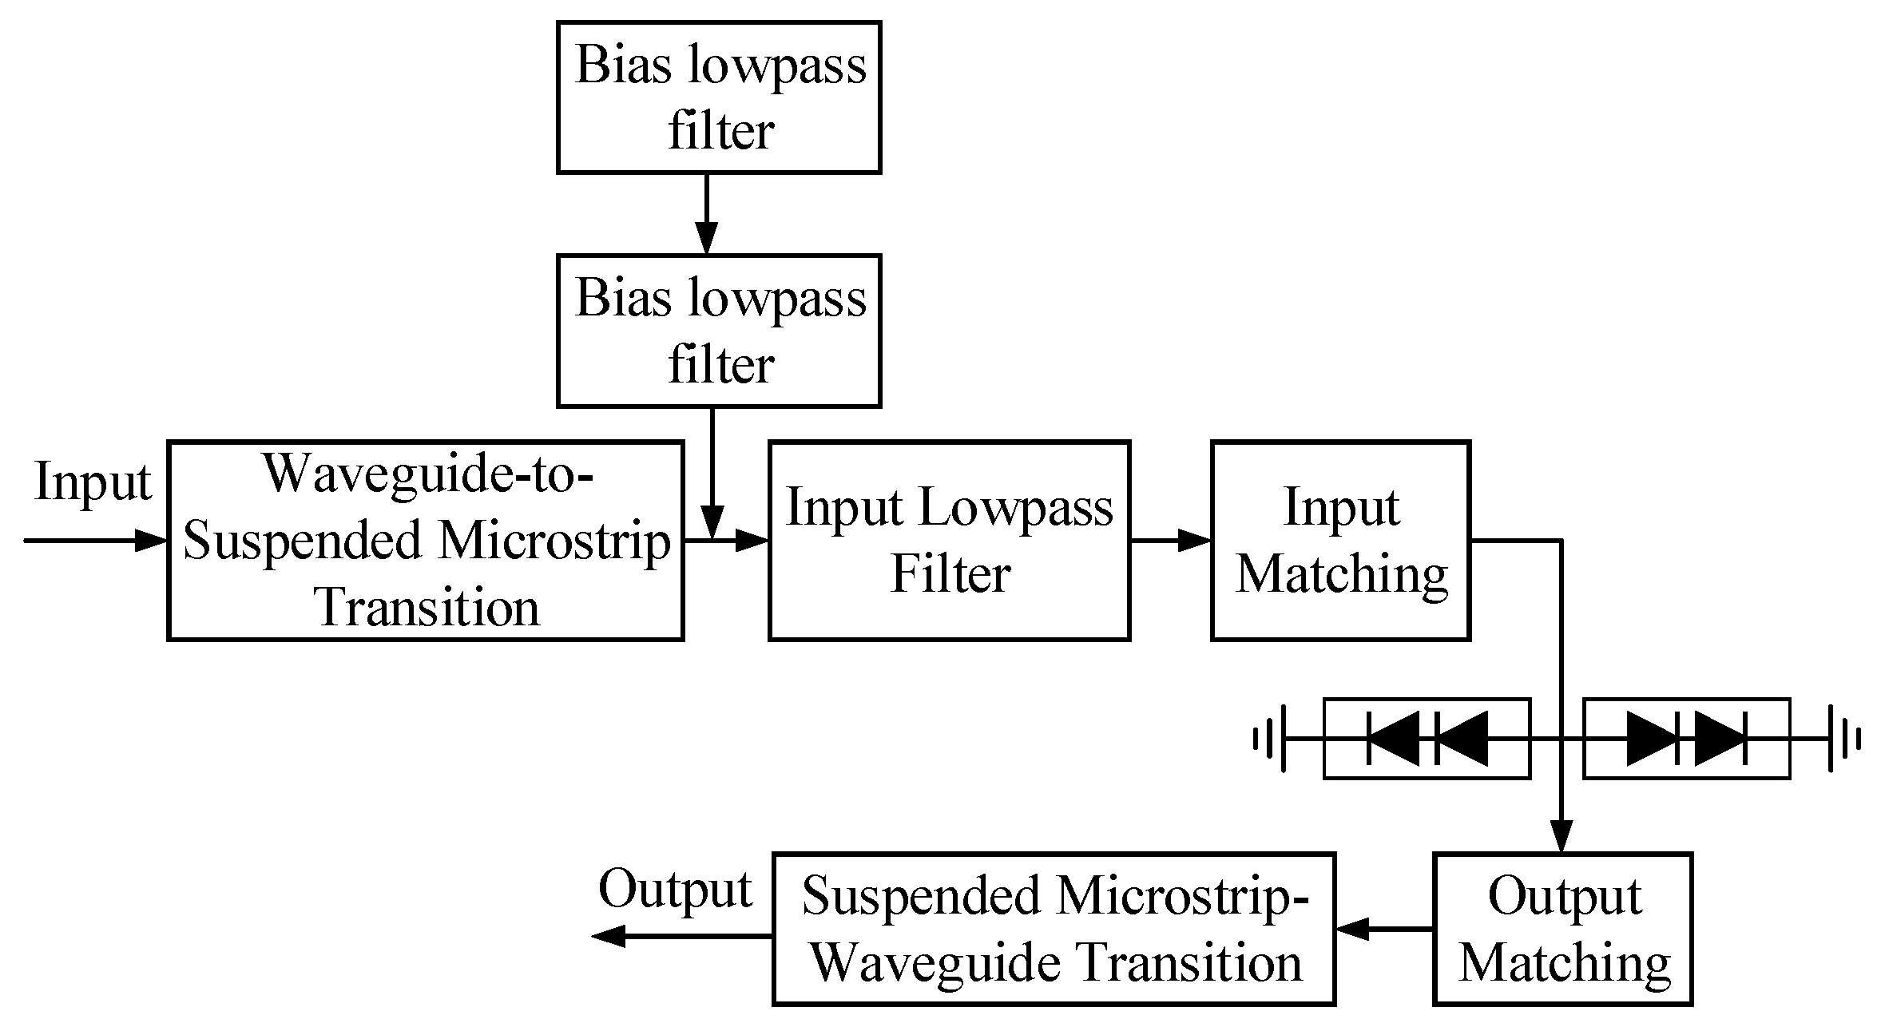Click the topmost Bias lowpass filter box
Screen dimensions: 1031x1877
[x=718, y=97]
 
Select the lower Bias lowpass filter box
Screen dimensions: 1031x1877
[x=718, y=331]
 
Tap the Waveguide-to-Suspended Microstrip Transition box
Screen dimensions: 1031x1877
[x=425, y=540]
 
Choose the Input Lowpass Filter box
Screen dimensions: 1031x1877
[x=949, y=540]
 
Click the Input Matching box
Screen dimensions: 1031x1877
[x=1340, y=540]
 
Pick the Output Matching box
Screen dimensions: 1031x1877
[x=1562, y=929]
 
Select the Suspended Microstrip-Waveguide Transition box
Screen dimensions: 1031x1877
[x=1053, y=929]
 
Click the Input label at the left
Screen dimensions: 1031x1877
[x=93, y=482]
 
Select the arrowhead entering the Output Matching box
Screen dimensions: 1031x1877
[x=1561, y=837]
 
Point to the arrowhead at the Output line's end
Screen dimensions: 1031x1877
[x=609, y=935]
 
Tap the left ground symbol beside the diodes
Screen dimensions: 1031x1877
[x=1272, y=739]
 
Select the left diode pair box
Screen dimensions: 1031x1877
[x=1427, y=739]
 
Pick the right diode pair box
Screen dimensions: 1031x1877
[x=1686, y=739]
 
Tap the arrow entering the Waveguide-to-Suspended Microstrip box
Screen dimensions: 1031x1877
[x=96, y=541]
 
